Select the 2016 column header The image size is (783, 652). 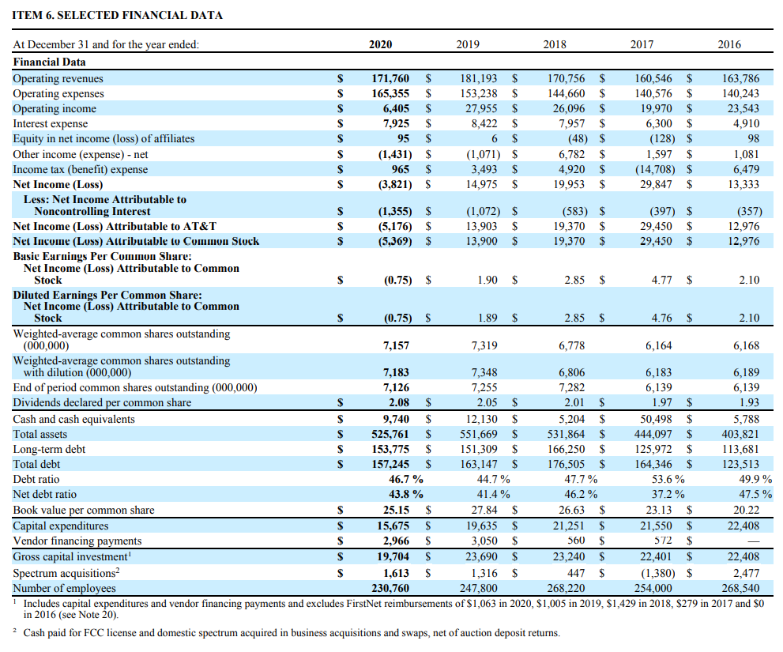729,44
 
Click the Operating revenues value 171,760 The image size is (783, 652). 390,78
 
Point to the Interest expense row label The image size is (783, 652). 51,123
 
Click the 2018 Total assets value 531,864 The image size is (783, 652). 567,434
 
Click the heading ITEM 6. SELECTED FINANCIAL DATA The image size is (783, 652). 118,15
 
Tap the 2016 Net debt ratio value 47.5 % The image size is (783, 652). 754,495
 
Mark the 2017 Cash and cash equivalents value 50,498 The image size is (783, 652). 654,419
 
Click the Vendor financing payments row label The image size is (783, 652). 77,541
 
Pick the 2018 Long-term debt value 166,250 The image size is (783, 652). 567,449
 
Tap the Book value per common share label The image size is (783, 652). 84,510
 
